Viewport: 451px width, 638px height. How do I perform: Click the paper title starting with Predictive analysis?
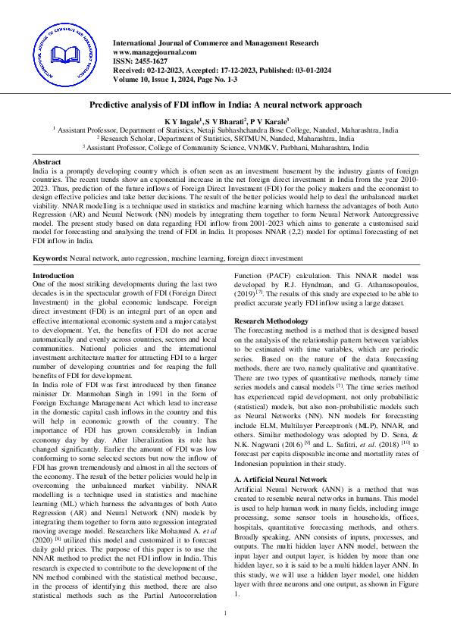(226, 105)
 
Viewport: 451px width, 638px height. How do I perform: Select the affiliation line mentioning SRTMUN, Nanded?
(226, 139)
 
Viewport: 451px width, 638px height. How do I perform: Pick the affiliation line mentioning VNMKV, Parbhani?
(226, 149)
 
